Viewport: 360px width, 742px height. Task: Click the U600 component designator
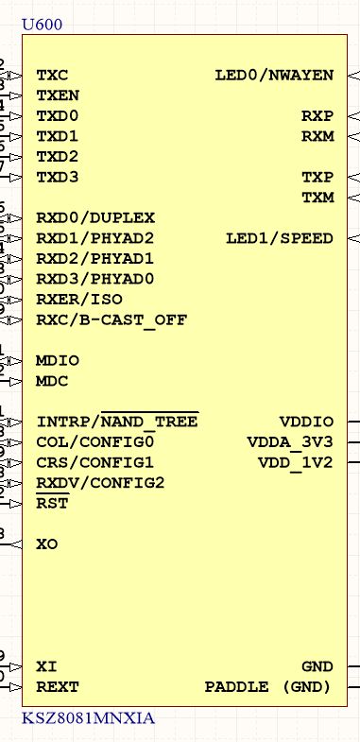coord(42,24)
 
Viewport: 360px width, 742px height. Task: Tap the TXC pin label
coord(52,75)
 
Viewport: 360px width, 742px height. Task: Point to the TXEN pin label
coord(57,95)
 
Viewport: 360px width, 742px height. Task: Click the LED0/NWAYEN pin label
coord(274,75)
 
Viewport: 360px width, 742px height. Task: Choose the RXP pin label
coord(317,116)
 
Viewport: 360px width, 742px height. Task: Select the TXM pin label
coord(317,198)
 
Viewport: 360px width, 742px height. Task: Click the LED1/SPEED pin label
coord(279,238)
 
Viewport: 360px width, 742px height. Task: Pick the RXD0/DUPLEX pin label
coord(94,218)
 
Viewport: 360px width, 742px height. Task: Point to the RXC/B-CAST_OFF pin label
coord(111,320)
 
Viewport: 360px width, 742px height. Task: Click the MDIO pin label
coord(58,361)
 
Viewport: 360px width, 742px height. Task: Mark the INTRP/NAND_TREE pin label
coord(117,422)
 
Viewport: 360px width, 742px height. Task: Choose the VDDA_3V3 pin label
coord(290,442)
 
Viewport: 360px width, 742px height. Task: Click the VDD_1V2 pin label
coord(295,463)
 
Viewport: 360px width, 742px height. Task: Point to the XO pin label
coord(46,544)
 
